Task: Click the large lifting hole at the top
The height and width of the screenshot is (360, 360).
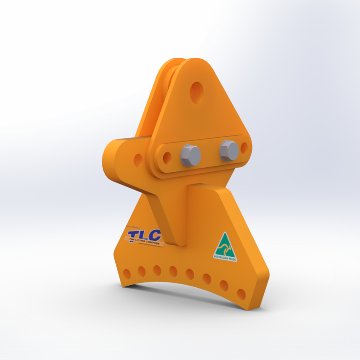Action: tap(197, 91)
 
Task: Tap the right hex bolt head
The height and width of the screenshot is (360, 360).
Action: tap(229, 150)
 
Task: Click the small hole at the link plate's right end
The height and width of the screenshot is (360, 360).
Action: tap(244, 148)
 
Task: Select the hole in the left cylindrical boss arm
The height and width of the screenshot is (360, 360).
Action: tap(138, 160)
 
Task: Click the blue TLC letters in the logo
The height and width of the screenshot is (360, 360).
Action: tap(144, 235)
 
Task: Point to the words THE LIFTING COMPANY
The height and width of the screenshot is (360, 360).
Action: tap(144, 241)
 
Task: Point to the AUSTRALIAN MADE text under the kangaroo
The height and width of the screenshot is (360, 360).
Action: tap(225, 256)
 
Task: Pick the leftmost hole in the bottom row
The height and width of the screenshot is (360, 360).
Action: tap(127, 273)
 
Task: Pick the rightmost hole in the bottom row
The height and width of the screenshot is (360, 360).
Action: tap(241, 294)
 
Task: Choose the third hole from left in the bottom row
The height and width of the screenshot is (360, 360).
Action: tap(157, 271)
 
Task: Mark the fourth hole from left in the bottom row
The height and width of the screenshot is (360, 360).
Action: tap(173, 272)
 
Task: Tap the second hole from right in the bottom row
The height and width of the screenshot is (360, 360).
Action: tap(224, 286)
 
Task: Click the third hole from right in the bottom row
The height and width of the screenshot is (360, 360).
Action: tap(207, 279)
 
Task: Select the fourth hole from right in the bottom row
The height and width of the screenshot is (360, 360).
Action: tap(190, 274)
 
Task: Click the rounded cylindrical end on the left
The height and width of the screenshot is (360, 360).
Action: tap(112, 161)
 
